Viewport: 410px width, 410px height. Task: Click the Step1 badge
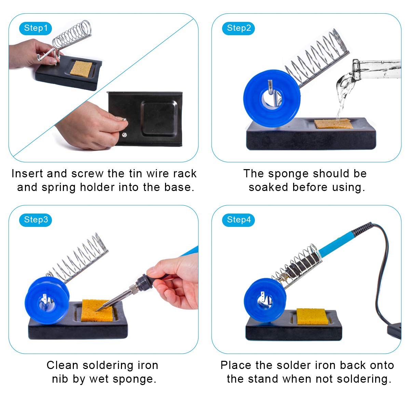coord(36,28)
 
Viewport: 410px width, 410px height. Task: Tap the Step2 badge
coord(239,28)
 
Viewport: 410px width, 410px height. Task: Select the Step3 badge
coord(36,220)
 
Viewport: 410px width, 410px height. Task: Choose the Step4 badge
coord(239,220)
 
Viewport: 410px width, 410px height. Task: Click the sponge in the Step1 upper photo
coord(81,68)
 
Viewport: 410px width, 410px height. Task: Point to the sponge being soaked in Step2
coord(333,124)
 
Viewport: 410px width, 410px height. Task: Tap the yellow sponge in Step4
coord(311,316)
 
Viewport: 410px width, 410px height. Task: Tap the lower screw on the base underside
coord(124,134)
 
